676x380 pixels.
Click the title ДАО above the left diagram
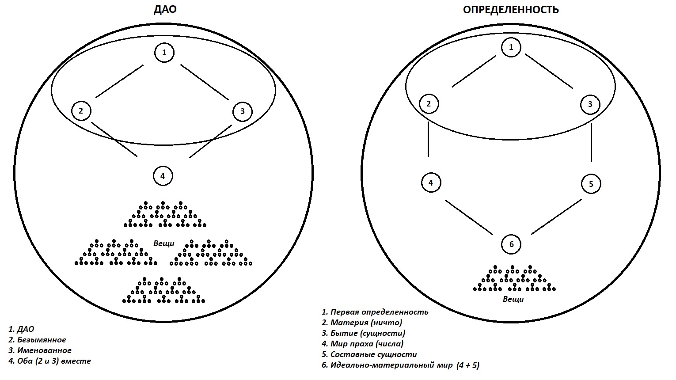(x=165, y=9)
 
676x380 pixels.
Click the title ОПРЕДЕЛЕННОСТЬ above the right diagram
(x=511, y=10)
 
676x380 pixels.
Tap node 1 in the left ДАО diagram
(x=164, y=53)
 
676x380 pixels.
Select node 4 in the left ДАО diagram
(x=163, y=176)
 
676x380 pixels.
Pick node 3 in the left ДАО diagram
(x=242, y=111)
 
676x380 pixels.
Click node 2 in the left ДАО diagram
(x=81, y=111)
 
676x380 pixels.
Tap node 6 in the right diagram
(x=511, y=244)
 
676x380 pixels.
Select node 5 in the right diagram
(x=591, y=184)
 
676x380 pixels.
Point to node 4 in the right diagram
(x=431, y=182)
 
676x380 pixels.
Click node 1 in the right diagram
(x=511, y=47)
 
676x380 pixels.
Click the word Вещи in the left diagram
(x=163, y=243)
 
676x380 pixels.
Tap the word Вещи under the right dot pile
(x=513, y=299)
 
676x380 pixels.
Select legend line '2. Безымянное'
(x=37, y=339)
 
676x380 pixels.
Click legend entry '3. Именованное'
(x=40, y=350)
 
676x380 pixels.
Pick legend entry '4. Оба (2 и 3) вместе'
(x=49, y=361)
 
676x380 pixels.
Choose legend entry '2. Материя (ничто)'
(x=362, y=323)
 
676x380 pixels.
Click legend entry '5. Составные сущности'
(x=369, y=354)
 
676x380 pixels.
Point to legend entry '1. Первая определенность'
(x=375, y=312)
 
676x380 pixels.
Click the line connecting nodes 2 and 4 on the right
(x=428, y=139)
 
